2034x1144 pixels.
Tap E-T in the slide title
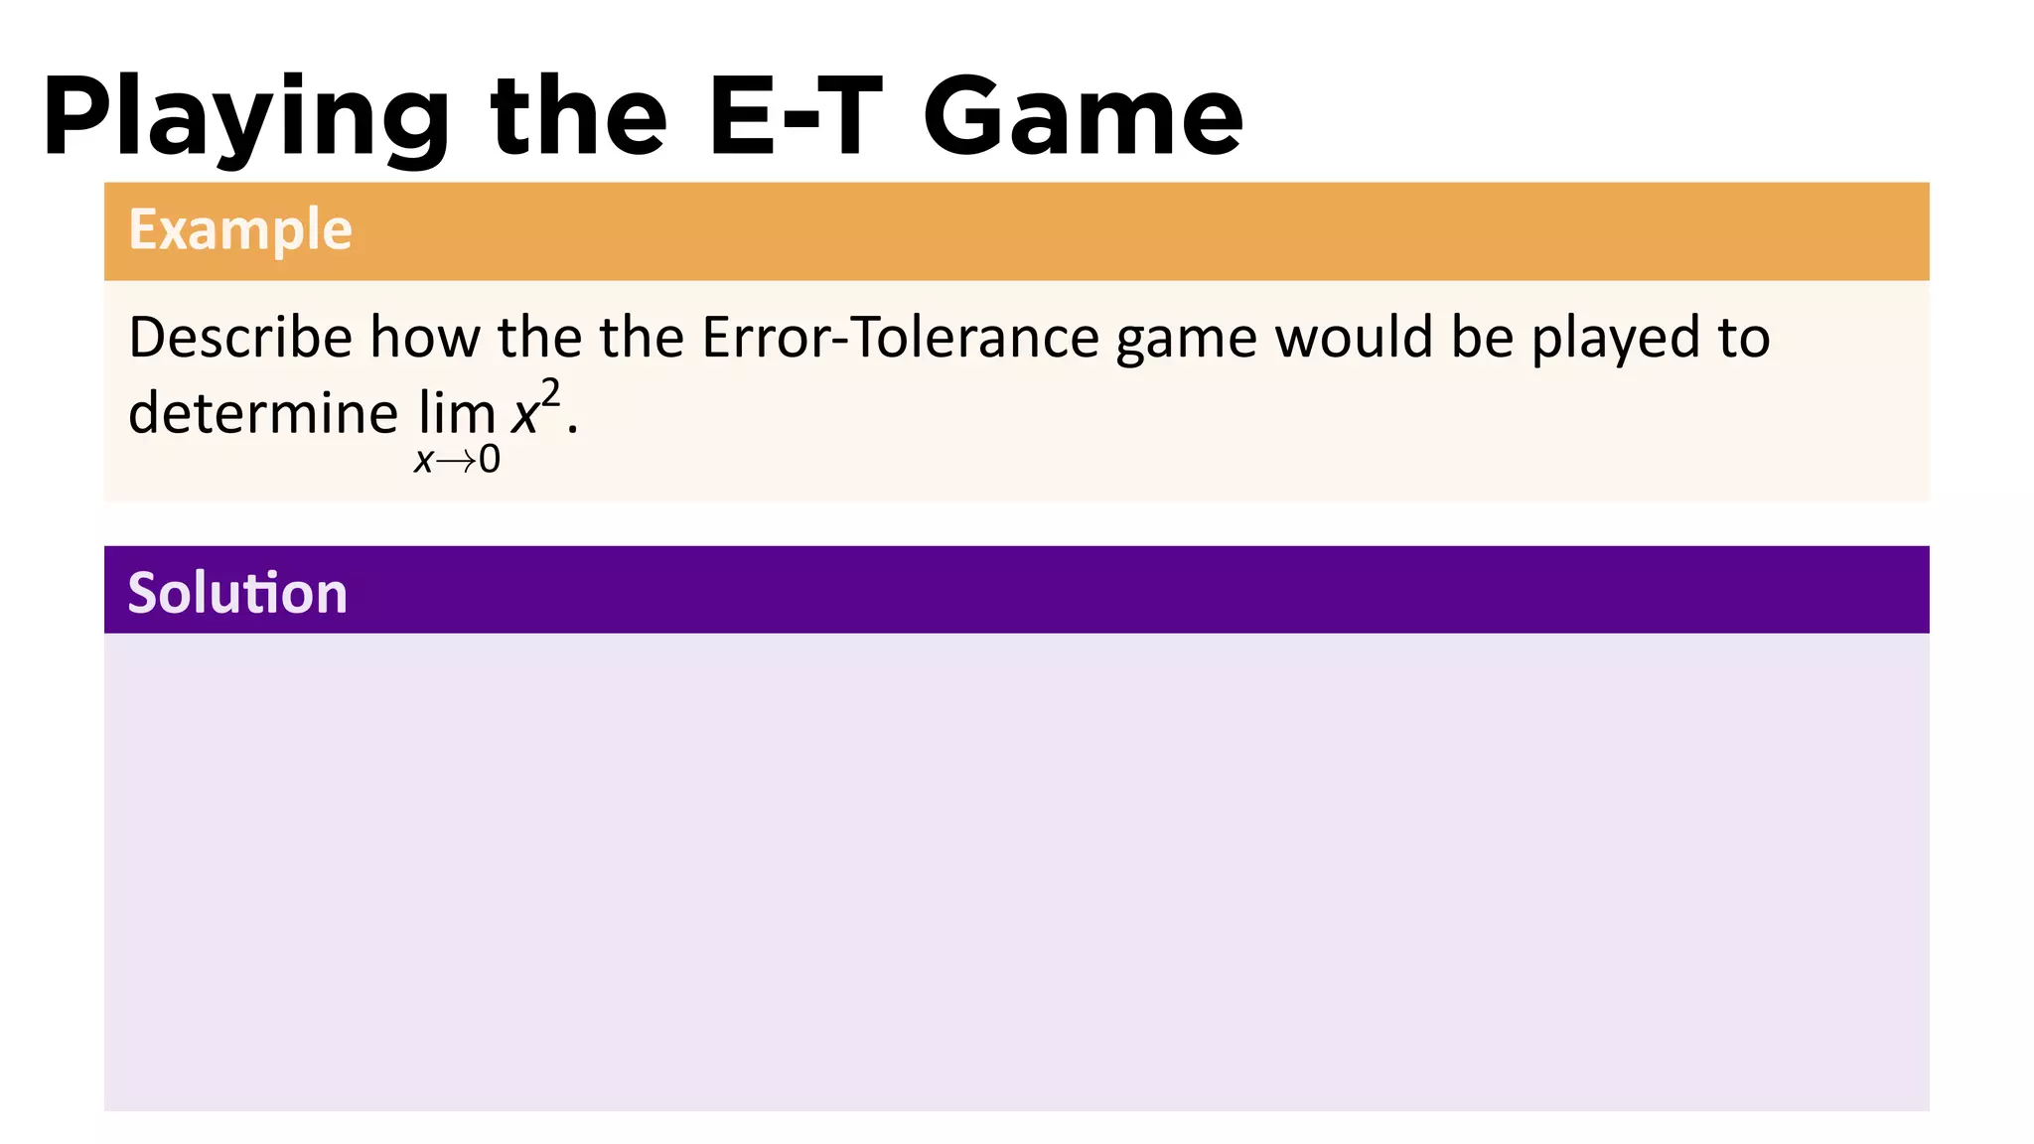tap(795, 117)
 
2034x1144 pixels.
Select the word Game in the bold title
tap(1083, 117)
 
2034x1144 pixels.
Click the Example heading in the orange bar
tap(240, 229)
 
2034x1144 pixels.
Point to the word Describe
tap(240, 338)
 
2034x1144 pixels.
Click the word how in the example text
tap(425, 338)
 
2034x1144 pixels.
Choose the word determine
tap(263, 412)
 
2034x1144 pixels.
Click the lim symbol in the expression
tap(457, 412)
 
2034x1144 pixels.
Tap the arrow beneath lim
tap(456, 461)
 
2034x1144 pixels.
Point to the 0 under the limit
tap(490, 460)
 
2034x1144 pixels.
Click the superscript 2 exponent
tap(551, 393)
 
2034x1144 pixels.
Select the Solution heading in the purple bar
tap(237, 593)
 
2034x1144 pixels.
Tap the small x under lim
tap(424, 461)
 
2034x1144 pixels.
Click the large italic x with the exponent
tap(524, 415)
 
